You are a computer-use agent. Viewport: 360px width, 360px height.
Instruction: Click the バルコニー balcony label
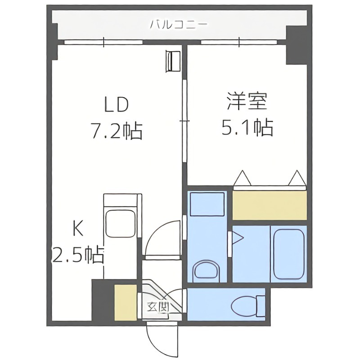click(x=179, y=23)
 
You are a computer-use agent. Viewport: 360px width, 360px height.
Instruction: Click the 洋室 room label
click(x=247, y=102)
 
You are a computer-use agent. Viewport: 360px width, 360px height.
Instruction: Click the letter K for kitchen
click(x=78, y=230)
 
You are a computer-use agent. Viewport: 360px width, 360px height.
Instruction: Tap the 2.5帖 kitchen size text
click(x=78, y=256)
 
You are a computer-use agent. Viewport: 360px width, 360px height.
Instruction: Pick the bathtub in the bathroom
click(x=288, y=252)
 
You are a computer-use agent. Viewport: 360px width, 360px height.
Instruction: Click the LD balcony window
click(x=103, y=43)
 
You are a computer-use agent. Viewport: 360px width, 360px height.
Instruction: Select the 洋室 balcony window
click(x=239, y=43)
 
